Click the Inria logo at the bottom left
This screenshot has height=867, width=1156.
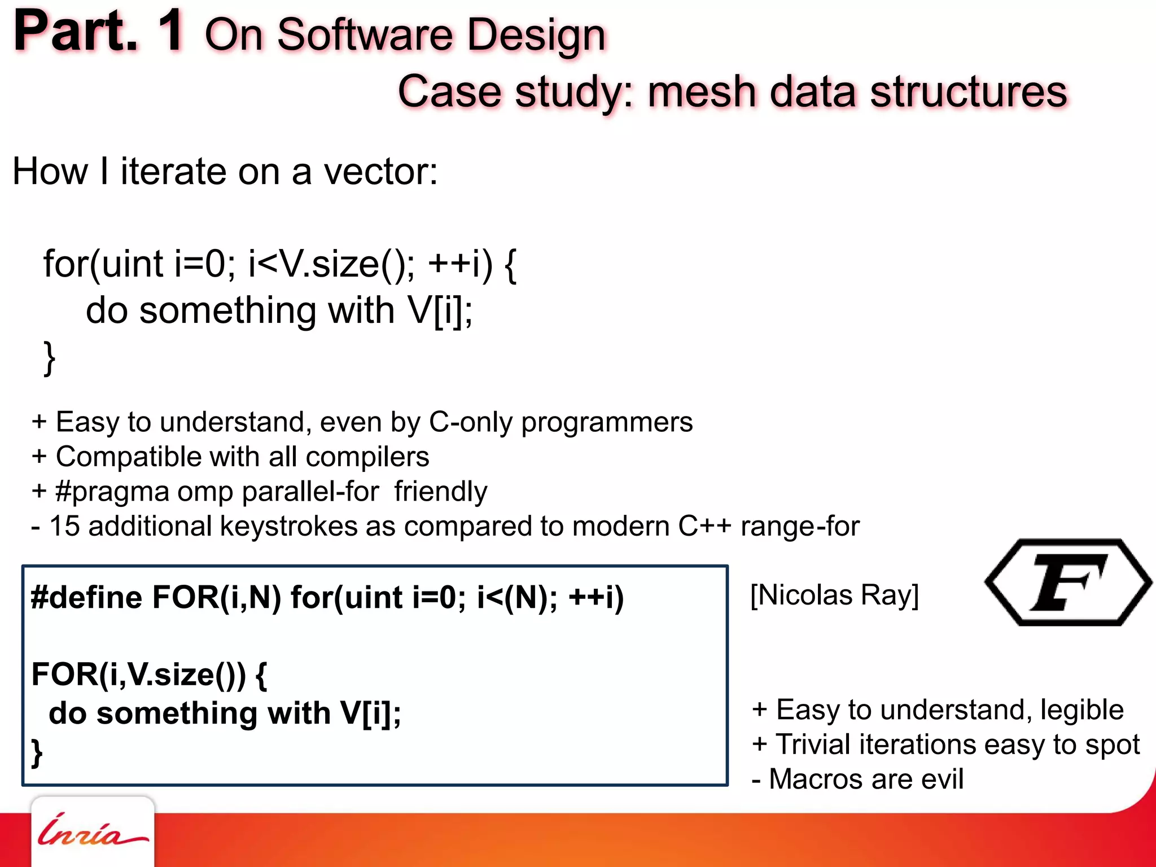click(x=92, y=831)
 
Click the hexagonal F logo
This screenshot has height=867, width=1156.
click(x=1068, y=583)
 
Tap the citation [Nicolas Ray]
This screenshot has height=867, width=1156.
click(x=834, y=595)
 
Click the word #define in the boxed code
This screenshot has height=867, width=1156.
click(x=86, y=597)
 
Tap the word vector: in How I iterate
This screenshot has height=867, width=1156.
click(x=380, y=172)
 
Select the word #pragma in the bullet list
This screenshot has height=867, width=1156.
click(x=112, y=492)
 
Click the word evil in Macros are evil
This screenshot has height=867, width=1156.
click(x=942, y=780)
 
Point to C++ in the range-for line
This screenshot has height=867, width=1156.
click(x=704, y=526)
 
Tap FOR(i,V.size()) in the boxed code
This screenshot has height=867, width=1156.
click(x=139, y=674)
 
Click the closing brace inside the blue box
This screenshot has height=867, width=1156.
click(x=37, y=754)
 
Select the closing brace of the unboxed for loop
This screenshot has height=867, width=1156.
click(x=50, y=358)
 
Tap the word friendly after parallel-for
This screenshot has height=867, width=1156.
click(x=440, y=492)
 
